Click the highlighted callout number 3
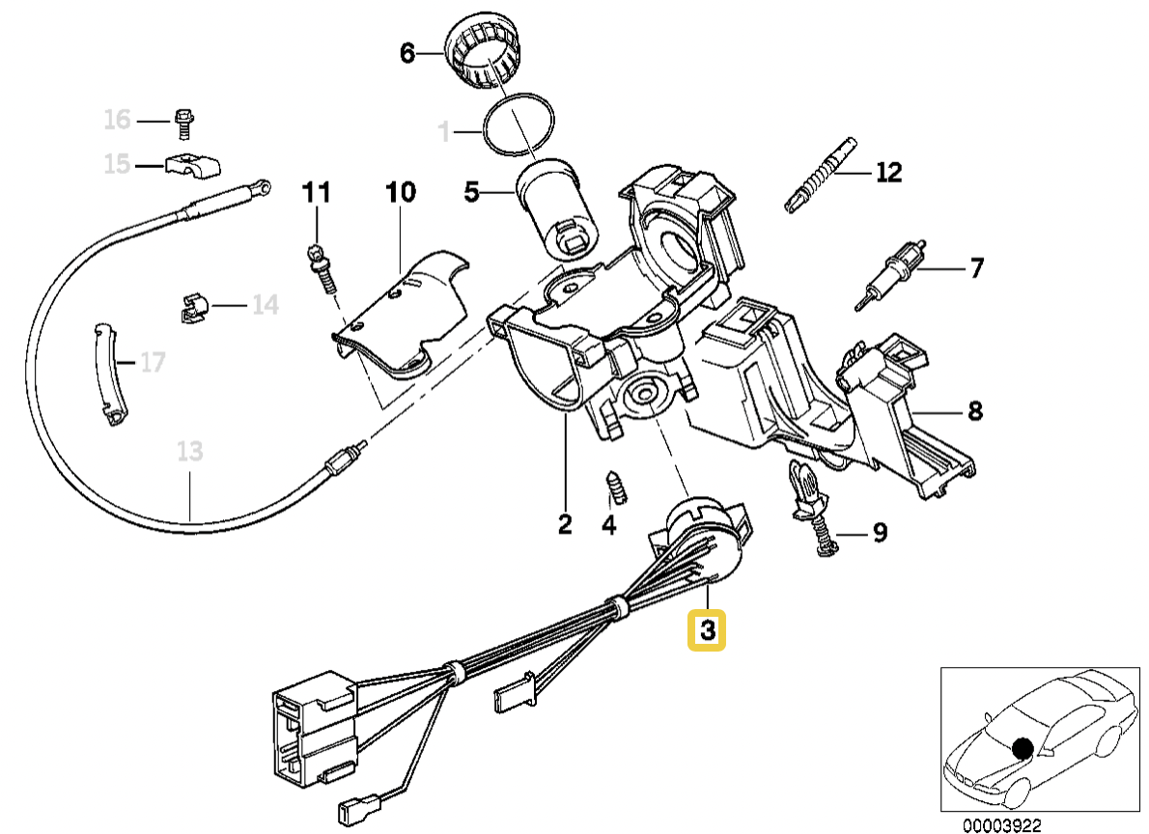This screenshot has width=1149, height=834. coord(707,631)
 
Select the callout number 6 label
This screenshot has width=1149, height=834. coord(406,54)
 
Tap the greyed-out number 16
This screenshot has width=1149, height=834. coord(117,121)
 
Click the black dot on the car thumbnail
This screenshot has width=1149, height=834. coord(1023,747)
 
